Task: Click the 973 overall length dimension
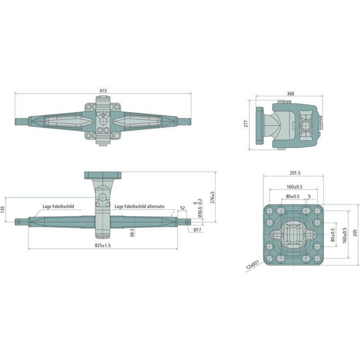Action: (x=103, y=91)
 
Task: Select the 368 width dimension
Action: (x=290, y=94)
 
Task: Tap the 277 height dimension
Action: (x=246, y=124)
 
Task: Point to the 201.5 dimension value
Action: (x=295, y=173)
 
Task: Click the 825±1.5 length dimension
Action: (x=103, y=245)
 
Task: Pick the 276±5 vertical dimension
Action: (x=212, y=197)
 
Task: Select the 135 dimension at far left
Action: (x=3, y=209)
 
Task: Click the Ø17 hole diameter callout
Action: (x=198, y=229)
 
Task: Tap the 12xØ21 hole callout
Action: (x=252, y=265)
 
